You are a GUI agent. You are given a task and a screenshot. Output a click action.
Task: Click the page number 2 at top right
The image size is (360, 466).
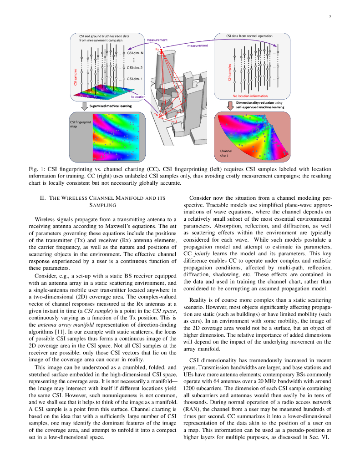click(329, 17)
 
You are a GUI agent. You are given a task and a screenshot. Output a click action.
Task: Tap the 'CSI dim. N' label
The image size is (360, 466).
click(135, 53)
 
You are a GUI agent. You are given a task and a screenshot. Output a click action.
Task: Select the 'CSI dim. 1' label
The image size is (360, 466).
click(135, 79)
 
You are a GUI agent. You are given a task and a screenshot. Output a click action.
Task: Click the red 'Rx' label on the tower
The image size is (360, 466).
click(157, 49)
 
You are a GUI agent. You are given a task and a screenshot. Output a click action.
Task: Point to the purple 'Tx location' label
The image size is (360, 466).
click(138, 97)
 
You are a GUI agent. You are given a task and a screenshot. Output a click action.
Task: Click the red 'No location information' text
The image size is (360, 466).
click(250, 96)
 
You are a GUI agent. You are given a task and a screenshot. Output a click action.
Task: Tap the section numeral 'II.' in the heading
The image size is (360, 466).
click(45, 198)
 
